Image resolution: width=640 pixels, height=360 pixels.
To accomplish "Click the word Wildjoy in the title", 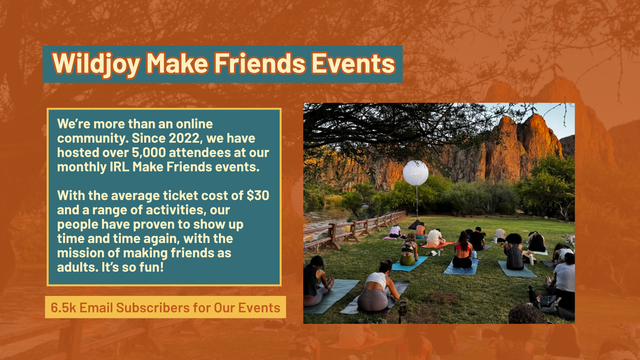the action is tap(96, 64).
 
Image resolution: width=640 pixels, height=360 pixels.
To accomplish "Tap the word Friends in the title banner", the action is tap(260, 63).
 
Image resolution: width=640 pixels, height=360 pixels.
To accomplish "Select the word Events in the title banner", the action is tap(353, 63).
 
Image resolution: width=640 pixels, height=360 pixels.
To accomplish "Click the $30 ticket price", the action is tap(258, 195).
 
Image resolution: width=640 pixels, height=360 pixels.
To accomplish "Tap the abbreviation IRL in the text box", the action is tap(119, 167).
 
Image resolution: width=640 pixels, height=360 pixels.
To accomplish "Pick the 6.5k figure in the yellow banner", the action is tap(63, 308).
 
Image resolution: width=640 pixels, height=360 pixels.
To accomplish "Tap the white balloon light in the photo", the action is tap(416, 173).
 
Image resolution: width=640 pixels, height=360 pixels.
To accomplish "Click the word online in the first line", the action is tap(194, 124).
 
